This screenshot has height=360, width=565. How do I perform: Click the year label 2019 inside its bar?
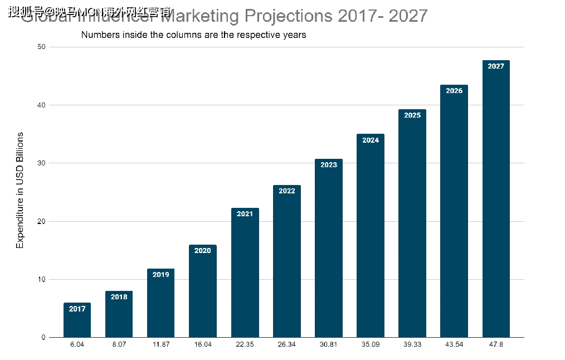click(x=160, y=275)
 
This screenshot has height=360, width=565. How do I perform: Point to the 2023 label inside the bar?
click(x=329, y=165)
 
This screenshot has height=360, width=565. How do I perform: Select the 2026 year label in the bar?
click(x=454, y=91)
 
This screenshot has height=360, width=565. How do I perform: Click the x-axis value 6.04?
click(x=77, y=345)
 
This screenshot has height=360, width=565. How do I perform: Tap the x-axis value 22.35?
click(x=245, y=345)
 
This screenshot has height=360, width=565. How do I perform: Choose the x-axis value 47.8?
click(x=496, y=345)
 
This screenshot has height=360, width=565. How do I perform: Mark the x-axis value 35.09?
click(x=371, y=345)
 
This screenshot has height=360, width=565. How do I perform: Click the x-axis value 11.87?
click(x=160, y=345)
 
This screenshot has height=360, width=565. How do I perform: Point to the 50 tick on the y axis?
click(x=41, y=47)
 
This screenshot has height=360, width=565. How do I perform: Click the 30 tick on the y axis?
click(x=41, y=163)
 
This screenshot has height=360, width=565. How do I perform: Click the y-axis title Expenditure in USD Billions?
click(x=20, y=190)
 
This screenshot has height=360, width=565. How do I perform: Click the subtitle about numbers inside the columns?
click(x=193, y=35)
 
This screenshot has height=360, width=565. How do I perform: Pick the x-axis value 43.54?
click(x=454, y=345)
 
